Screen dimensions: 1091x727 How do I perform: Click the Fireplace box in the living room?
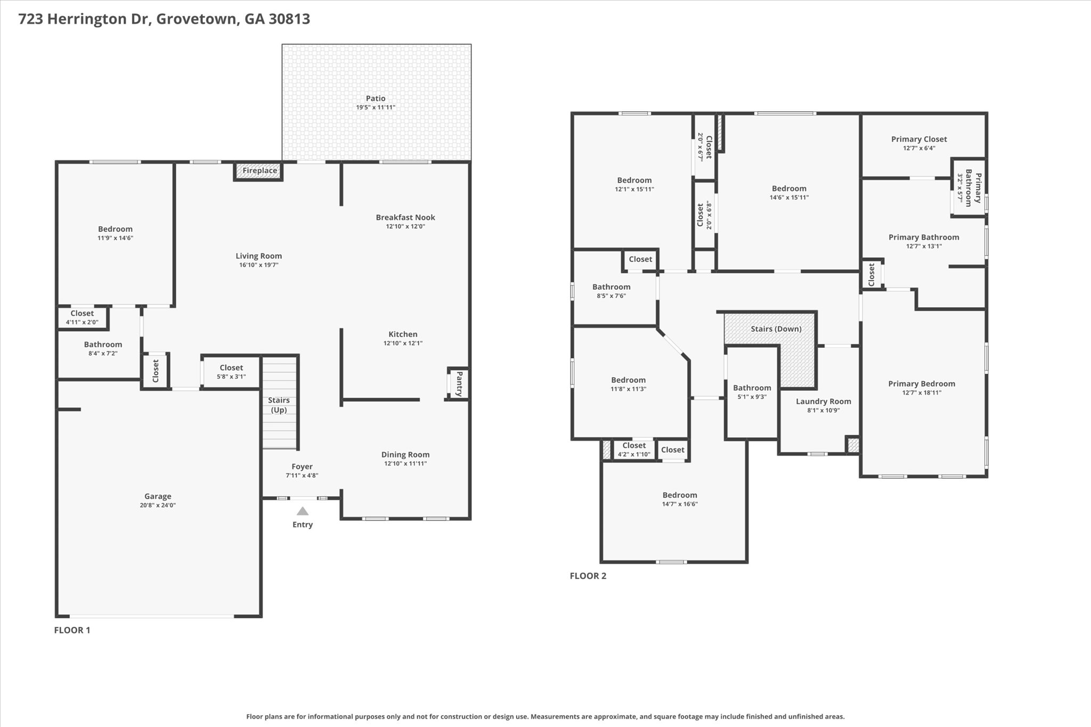(258, 171)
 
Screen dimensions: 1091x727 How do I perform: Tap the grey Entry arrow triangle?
(303, 511)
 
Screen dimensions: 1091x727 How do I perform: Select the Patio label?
(376, 98)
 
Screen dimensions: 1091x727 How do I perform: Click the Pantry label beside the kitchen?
(458, 383)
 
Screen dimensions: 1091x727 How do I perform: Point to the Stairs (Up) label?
(279, 405)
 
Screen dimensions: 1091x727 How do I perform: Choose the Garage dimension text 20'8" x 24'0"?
(158, 505)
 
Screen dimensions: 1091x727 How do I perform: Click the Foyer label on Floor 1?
(302, 467)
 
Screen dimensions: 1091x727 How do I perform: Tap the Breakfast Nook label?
(405, 217)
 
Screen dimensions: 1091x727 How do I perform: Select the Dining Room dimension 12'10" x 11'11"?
(405, 463)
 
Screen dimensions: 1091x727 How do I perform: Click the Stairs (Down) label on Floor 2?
(776, 329)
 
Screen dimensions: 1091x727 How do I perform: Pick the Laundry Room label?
(824, 401)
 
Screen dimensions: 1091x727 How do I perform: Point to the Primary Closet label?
(919, 139)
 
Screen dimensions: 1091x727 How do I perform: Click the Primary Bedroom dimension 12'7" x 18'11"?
(922, 393)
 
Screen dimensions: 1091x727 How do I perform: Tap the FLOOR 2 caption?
(588, 576)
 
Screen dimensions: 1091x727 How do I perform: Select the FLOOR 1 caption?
(72, 630)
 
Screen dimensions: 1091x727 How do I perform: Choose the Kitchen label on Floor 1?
(403, 334)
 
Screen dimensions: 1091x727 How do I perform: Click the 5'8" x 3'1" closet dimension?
(231, 377)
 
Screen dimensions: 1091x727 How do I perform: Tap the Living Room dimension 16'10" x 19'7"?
(259, 265)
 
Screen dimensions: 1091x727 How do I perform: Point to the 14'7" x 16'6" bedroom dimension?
(680, 504)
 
